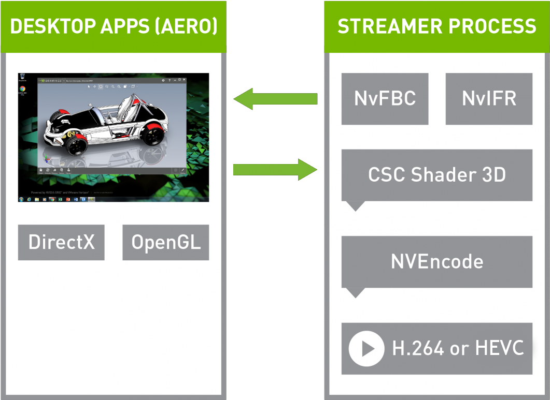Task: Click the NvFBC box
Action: [x=385, y=99]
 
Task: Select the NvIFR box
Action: [x=489, y=99]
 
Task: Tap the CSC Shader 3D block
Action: [x=436, y=175]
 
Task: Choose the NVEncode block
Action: [x=436, y=262]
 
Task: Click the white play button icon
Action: [x=366, y=348]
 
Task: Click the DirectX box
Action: [x=61, y=242]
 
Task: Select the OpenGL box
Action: [x=165, y=242]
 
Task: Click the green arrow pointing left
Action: [x=275, y=99]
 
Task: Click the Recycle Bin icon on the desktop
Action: [x=23, y=78]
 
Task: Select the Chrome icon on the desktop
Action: [x=23, y=89]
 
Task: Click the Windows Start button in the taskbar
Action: [x=21, y=199]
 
